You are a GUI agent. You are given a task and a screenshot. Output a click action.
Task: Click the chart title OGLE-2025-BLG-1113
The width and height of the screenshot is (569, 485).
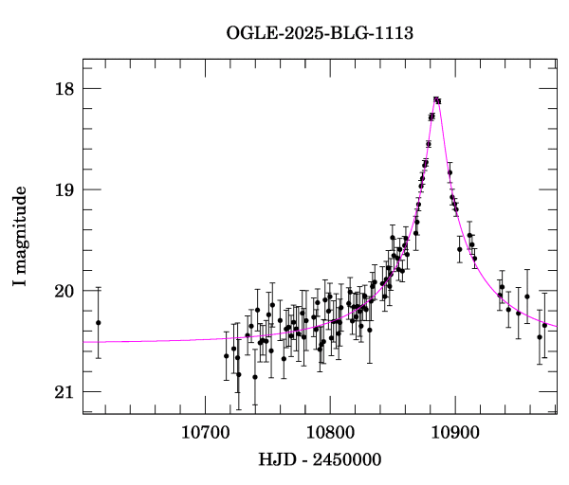(320, 34)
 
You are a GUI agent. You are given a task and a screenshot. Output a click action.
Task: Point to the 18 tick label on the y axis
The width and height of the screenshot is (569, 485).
(64, 89)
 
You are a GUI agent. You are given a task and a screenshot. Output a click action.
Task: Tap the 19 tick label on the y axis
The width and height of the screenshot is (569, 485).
(64, 189)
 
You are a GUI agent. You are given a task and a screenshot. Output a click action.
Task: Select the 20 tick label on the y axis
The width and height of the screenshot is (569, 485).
(64, 291)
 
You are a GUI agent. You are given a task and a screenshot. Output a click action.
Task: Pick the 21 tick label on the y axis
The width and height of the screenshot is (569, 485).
(64, 392)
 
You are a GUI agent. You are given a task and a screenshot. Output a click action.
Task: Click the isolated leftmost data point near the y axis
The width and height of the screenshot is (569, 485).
(98, 323)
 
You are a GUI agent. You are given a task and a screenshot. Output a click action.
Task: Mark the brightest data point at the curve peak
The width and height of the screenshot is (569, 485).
(436, 99)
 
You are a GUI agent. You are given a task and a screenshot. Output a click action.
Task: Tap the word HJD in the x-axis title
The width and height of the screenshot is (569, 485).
(276, 460)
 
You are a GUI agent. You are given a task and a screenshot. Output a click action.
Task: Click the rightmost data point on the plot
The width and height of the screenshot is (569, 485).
(544, 325)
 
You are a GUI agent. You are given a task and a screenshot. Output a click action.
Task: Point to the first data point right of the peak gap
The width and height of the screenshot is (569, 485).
(450, 172)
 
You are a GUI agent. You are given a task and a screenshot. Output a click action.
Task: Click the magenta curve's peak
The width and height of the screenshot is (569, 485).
(436, 99)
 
